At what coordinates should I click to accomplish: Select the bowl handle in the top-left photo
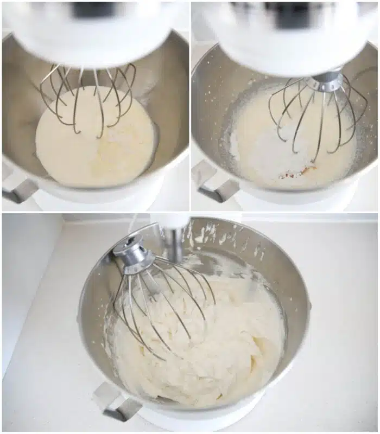[x=19, y=190]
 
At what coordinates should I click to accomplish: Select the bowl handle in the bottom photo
[x=114, y=401]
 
